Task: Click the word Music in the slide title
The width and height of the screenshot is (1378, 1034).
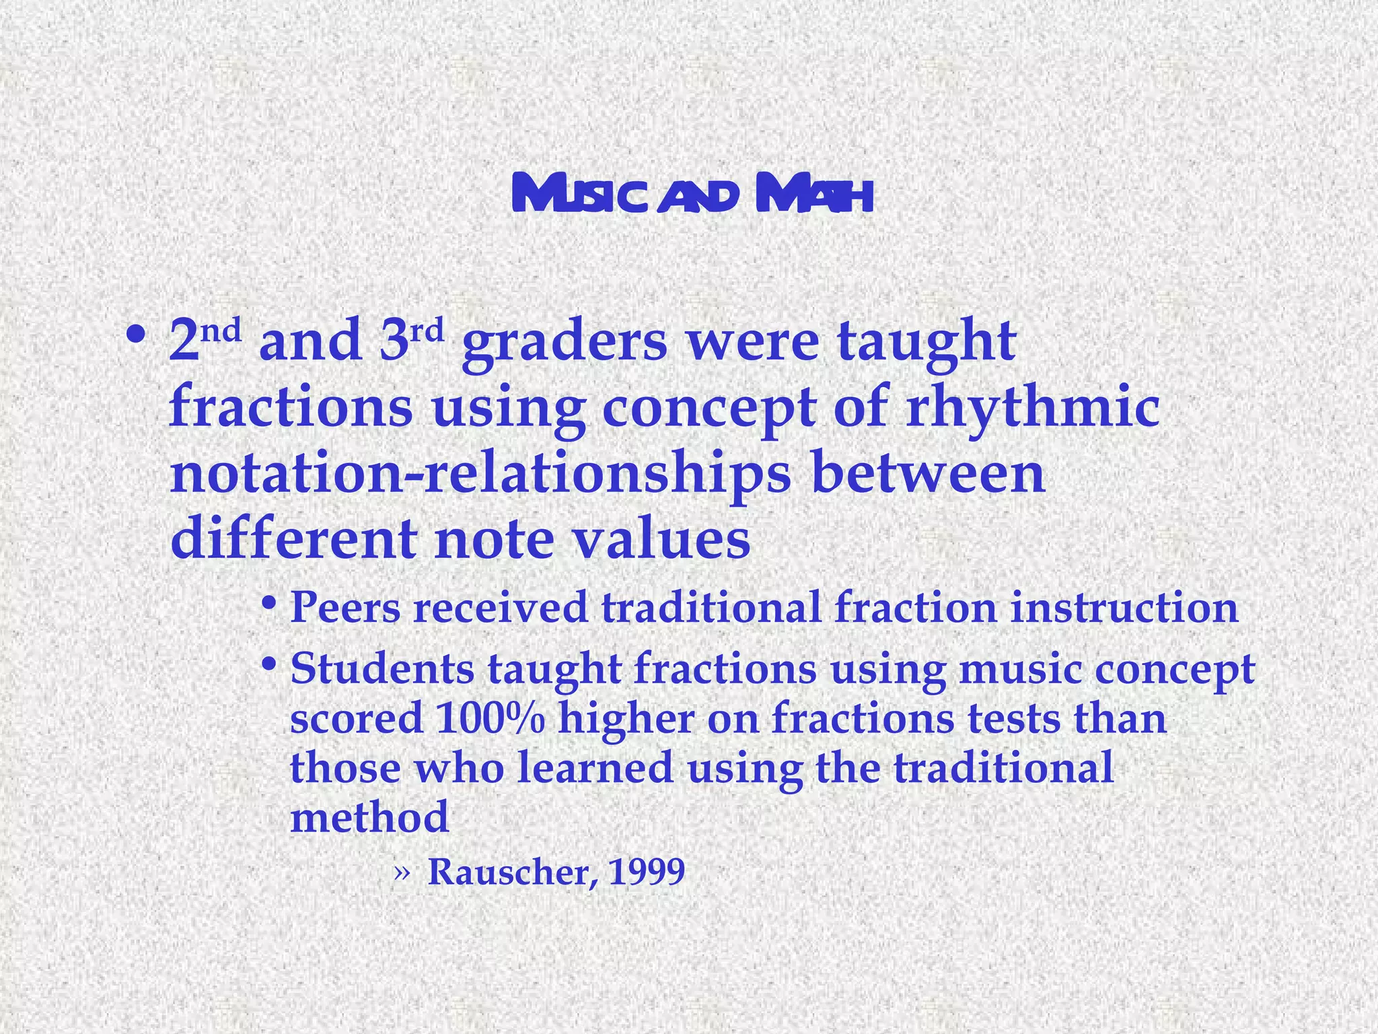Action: pos(581,195)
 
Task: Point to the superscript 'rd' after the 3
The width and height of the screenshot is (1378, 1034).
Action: pos(427,331)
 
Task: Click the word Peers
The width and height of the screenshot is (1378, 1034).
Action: pos(344,607)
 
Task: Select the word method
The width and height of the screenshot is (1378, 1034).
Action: pos(369,817)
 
